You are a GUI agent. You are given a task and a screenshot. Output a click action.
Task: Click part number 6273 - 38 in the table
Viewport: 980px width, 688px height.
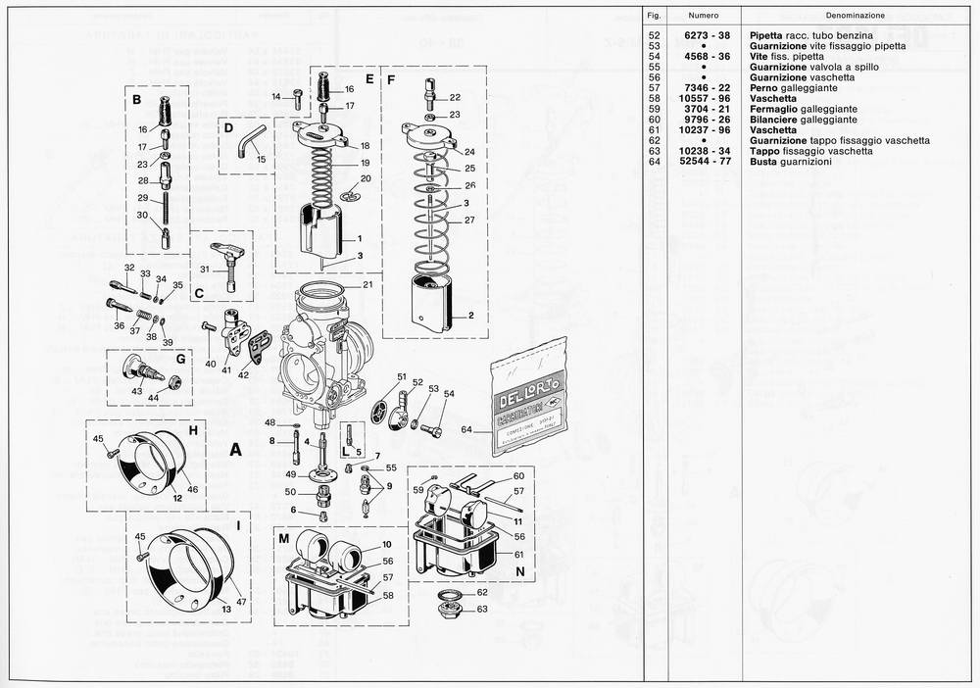tap(703, 35)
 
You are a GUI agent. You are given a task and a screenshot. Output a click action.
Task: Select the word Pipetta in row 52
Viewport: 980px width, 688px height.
tap(765, 35)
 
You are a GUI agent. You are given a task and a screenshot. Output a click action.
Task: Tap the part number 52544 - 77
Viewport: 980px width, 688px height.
tap(703, 161)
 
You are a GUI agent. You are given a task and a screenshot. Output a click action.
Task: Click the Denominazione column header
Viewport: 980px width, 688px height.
tap(855, 16)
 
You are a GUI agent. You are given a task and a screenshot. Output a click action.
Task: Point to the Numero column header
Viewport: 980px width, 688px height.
tap(703, 16)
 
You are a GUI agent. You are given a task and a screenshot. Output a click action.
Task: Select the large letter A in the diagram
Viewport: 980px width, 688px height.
tap(235, 450)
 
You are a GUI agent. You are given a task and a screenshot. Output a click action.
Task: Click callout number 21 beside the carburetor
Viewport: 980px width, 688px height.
tap(367, 285)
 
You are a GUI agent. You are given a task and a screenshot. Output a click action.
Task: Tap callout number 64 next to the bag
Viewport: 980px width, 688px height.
tap(466, 429)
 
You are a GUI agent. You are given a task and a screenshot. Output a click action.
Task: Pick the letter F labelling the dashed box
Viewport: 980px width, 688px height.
tap(391, 77)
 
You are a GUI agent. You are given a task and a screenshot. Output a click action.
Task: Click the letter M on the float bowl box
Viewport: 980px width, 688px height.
tap(283, 540)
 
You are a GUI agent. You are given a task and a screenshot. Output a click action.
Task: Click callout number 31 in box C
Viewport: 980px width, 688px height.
tap(205, 270)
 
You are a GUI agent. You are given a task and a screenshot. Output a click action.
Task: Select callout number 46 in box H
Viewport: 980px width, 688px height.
tap(192, 488)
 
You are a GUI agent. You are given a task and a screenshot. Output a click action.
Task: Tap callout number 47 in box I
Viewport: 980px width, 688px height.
tap(240, 600)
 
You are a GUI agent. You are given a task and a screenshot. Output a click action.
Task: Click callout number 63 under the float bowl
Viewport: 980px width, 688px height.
tap(482, 609)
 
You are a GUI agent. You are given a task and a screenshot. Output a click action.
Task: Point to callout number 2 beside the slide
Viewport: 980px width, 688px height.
tap(470, 316)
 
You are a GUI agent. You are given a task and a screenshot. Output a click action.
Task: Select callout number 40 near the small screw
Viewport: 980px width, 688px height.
tap(211, 364)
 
